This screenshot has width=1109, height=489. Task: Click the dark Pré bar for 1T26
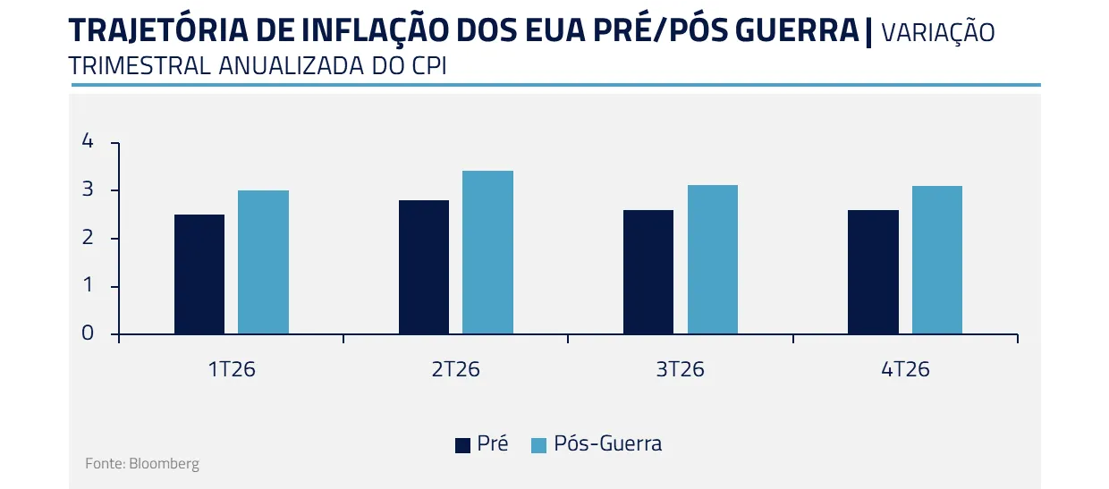(x=199, y=274)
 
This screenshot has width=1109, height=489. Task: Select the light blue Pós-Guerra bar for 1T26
(x=263, y=262)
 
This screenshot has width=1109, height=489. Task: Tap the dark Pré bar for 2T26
(x=424, y=267)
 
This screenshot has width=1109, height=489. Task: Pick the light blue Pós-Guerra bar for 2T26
(x=487, y=252)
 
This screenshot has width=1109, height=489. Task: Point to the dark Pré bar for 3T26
(x=648, y=272)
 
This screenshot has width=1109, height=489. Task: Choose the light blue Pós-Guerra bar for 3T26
(x=712, y=259)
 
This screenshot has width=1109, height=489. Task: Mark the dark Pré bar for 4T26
(x=873, y=272)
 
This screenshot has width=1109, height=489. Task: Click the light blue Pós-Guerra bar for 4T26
(x=936, y=260)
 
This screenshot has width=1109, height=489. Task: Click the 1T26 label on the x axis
(x=231, y=369)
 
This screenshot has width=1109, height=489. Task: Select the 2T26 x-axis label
(x=455, y=369)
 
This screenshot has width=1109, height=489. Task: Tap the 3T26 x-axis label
(x=680, y=369)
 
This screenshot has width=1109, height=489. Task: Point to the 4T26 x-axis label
(x=905, y=369)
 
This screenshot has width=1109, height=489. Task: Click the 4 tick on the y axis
(x=87, y=141)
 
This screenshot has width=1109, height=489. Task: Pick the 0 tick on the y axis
(x=87, y=333)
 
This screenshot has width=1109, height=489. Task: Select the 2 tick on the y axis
(x=87, y=238)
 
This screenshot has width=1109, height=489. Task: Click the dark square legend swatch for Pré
(x=462, y=444)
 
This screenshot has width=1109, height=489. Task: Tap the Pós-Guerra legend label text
(x=608, y=443)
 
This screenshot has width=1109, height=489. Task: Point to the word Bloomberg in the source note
(x=164, y=464)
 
